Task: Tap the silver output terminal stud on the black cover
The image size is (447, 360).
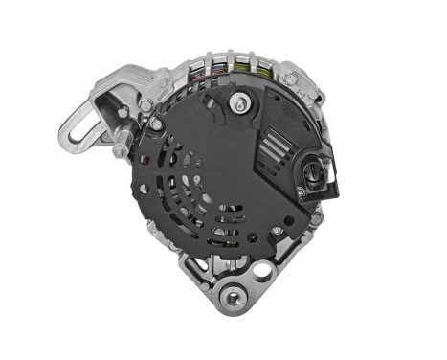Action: [x=238, y=101]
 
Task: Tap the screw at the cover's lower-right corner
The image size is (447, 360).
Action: [x=277, y=231]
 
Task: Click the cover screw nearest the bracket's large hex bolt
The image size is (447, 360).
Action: [x=155, y=124]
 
